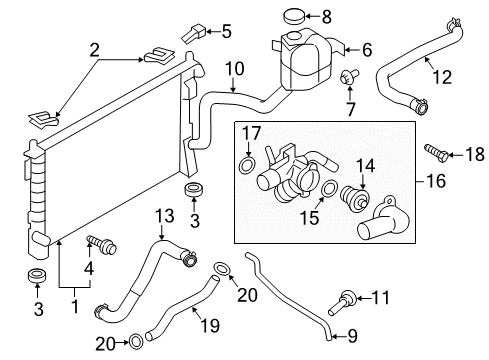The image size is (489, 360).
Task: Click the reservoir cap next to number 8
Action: point(294,16)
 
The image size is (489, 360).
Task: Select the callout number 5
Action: point(226,32)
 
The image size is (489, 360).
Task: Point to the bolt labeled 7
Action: point(348,77)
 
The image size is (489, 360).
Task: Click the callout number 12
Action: point(442,77)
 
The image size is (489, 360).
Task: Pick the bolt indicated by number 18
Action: point(435,153)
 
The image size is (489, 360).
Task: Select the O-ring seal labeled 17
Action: point(247,165)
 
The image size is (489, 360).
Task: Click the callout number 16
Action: point(436,181)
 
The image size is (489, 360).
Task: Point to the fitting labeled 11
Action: point(343,302)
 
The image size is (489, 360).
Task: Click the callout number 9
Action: point(352,336)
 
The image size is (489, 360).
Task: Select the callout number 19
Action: point(210,325)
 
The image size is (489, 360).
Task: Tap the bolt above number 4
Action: point(102,244)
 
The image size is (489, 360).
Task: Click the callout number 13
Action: point(165,216)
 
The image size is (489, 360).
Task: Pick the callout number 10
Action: point(235,69)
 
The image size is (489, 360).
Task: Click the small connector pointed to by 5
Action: point(194,34)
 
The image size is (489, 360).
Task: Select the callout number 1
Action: point(75,306)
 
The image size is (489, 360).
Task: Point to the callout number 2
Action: point(95,51)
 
